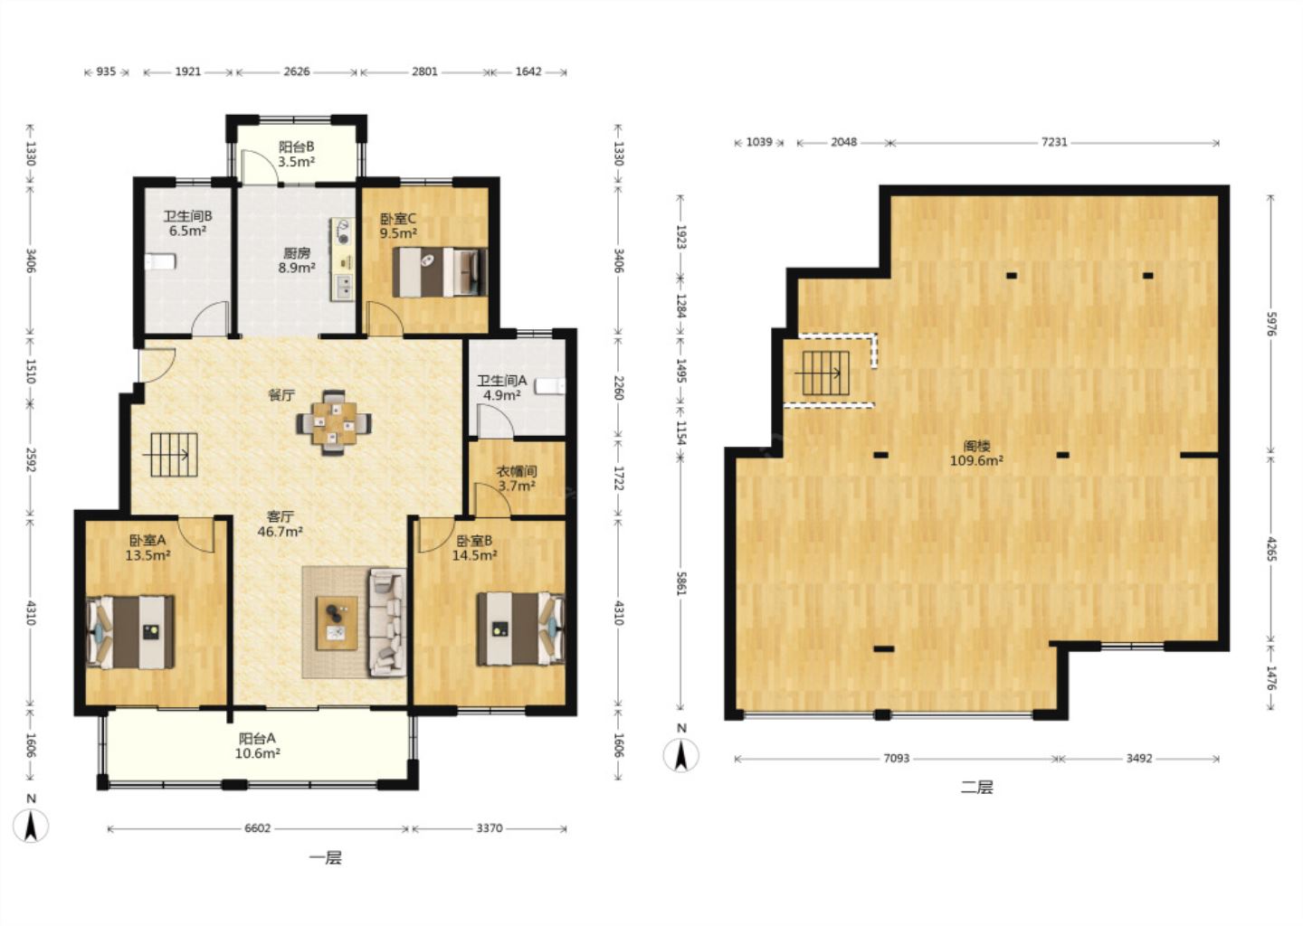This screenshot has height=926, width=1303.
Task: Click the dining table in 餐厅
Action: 334,422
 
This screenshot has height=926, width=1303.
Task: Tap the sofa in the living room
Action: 387,622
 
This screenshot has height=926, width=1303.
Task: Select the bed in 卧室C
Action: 440,272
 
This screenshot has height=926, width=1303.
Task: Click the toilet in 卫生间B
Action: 160,261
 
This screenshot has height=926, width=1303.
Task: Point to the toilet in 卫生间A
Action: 550,386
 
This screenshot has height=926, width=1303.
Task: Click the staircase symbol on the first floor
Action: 174,455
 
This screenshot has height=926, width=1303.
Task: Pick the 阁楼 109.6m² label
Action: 976,453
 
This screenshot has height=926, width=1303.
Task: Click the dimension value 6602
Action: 258,828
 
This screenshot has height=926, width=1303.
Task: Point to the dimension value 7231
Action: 1054,142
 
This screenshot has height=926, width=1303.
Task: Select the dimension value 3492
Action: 1138,759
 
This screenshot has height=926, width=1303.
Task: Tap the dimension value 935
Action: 106,72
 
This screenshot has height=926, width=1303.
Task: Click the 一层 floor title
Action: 325,858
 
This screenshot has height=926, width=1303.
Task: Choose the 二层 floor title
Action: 976,788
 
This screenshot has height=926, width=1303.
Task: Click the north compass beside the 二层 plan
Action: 681,751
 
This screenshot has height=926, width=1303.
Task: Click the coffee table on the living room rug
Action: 337,623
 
